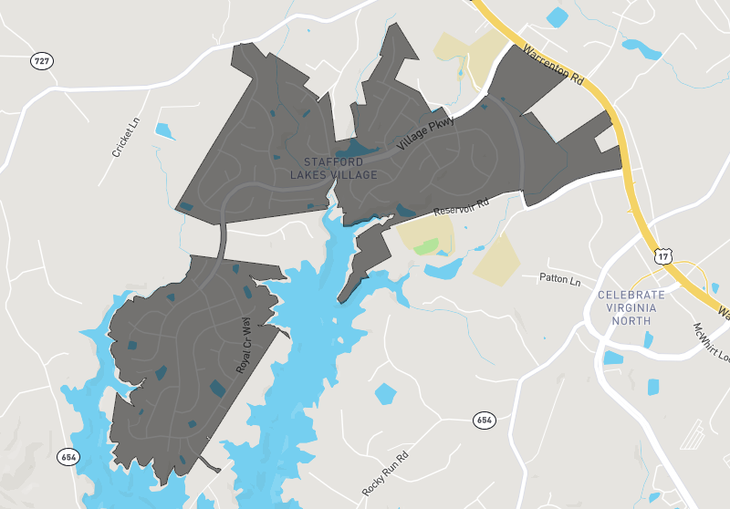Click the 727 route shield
coord(42,61)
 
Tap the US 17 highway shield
coord(663,258)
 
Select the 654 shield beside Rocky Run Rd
coord(485,420)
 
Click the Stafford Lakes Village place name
coord(333,167)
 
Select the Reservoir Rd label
coord(461,205)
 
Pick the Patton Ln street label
coord(559,280)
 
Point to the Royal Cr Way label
coord(245,345)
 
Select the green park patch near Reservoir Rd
coord(426,246)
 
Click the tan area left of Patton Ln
coord(496,260)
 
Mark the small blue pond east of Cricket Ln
coord(164,130)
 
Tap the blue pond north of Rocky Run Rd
coord(386,394)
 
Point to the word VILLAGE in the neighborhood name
coord(350,174)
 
